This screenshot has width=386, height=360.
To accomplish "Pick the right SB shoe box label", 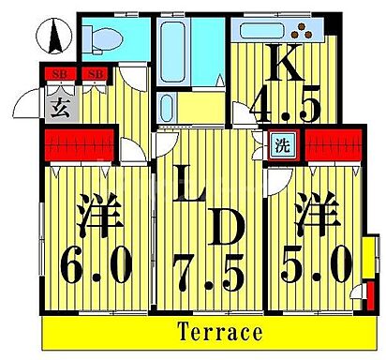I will [95, 73].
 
